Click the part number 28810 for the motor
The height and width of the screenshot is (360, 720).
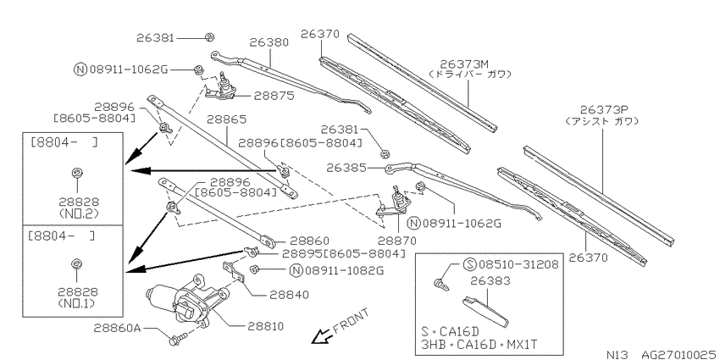pos(265,326)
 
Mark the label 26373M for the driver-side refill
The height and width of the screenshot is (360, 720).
pos(460,64)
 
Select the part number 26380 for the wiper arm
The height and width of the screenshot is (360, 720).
pos(269,42)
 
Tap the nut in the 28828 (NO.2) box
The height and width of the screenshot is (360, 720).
pos(77,173)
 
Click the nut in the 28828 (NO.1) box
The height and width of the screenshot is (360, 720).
pos(77,264)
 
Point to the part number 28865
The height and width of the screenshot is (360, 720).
pos(226,119)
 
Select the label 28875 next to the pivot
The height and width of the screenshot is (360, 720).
pos(274,96)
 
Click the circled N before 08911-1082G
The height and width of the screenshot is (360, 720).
pos(296,270)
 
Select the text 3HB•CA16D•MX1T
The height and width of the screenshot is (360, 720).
pos(479,344)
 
